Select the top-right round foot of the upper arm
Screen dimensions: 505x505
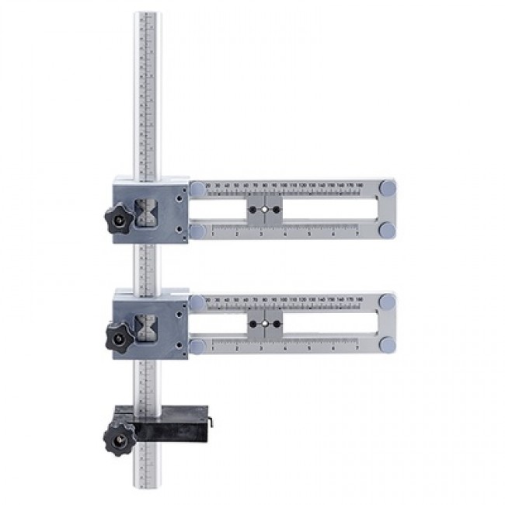coord(386,188)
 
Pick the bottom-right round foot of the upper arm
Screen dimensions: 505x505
coord(386,231)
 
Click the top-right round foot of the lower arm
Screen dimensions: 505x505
coord(386,301)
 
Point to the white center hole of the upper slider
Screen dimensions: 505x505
coord(264,210)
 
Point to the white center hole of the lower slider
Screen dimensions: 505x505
coord(264,323)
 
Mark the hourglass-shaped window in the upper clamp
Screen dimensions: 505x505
coord(146,211)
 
